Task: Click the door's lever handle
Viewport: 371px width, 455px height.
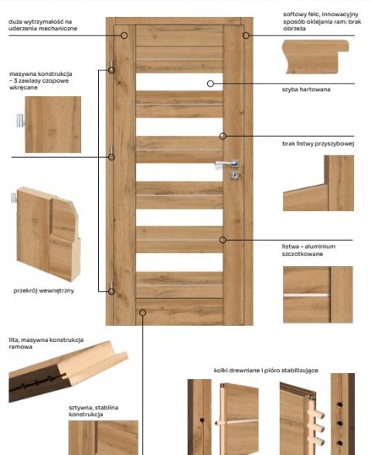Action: pyautogui.click(x=227, y=164)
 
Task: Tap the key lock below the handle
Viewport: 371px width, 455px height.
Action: pyautogui.click(x=235, y=175)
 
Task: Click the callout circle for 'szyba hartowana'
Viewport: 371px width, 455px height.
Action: pyautogui.click(x=210, y=84)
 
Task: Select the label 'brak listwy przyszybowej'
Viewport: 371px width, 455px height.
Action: pyautogui.click(x=318, y=144)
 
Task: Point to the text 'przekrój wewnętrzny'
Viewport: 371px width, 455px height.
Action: pyautogui.click(x=43, y=290)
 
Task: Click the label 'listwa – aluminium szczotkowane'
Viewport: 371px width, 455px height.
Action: pyautogui.click(x=308, y=250)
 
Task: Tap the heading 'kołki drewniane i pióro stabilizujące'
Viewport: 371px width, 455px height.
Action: pyautogui.click(x=266, y=371)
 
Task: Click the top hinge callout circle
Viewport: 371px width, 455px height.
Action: pyautogui.click(x=111, y=70)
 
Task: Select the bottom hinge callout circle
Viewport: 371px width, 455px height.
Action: pyautogui.click(x=111, y=291)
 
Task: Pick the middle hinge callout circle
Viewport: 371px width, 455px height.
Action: pyautogui.click(x=111, y=157)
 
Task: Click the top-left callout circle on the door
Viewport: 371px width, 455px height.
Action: pyautogui.click(x=124, y=36)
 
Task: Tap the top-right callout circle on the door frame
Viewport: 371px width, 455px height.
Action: pyautogui.click(x=246, y=36)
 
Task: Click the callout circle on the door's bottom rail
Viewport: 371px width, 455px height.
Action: pyautogui.click(x=142, y=313)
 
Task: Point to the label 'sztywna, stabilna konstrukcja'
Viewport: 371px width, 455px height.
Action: pyautogui.click(x=94, y=411)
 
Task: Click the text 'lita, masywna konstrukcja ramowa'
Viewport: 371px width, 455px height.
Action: pyautogui.click(x=46, y=343)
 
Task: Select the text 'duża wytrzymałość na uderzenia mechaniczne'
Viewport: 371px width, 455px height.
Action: pyautogui.click(x=43, y=25)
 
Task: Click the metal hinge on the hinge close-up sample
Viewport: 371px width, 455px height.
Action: pyautogui.click(x=20, y=121)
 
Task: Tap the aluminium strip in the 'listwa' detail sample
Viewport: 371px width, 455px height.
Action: pyautogui.click(x=306, y=296)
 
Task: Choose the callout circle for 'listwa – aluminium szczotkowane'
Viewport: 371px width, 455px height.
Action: pyautogui.click(x=223, y=240)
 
